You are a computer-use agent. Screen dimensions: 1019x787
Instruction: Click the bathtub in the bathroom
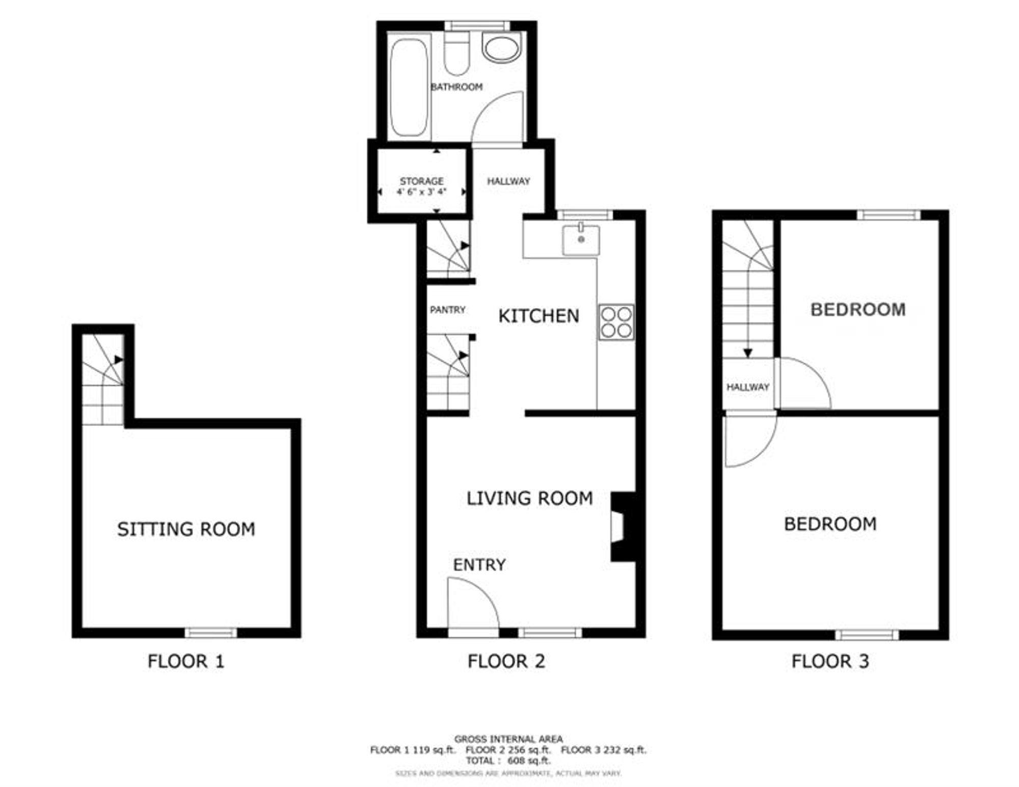coord(409,87)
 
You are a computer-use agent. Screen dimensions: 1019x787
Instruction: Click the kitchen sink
coord(581,239)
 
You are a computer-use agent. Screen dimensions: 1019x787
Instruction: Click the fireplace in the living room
coord(623,527)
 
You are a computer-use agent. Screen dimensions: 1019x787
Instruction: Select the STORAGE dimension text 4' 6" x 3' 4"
coord(421,192)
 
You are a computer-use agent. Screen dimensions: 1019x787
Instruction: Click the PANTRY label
coord(447,310)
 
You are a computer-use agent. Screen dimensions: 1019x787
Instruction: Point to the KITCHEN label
coord(539,316)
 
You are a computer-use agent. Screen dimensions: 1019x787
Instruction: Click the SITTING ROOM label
coord(186,529)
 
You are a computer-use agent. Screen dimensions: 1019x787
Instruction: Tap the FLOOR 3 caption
coord(830,662)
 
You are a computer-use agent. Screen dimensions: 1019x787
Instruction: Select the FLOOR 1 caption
coord(186,662)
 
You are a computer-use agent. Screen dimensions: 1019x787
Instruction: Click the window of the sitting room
coord(210,633)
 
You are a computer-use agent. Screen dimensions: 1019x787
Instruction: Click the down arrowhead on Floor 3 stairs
coord(748,353)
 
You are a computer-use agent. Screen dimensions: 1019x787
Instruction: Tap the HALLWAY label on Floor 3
coord(747,387)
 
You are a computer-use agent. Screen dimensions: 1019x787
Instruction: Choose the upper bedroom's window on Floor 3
coord(889,215)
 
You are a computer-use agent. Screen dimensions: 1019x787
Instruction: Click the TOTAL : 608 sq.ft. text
coord(508,761)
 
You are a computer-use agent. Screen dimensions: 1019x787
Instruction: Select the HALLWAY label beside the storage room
coord(508,181)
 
